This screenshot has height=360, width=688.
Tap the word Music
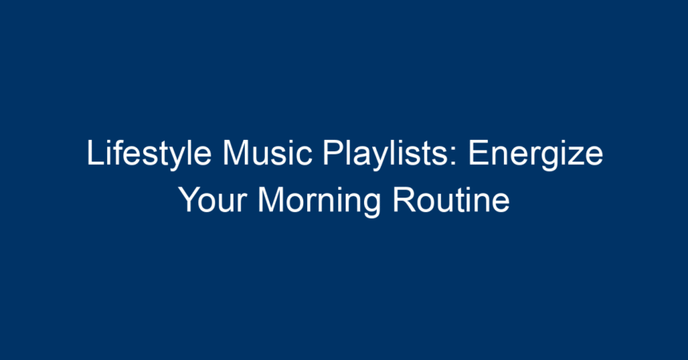(267, 153)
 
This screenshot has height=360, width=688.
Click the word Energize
(536, 154)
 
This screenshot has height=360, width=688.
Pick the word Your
(212, 200)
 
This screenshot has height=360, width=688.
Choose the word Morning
(319, 201)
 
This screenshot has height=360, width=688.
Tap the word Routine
(450, 200)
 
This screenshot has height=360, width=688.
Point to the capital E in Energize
(478, 152)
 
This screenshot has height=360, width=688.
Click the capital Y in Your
(190, 199)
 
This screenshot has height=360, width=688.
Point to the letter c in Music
(304, 157)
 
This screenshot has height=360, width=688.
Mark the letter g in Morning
(372, 206)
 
